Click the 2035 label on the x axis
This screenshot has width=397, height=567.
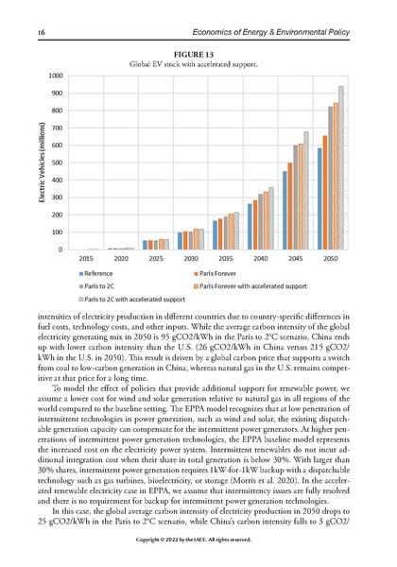point(225,257)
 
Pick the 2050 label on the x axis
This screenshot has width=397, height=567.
point(330,257)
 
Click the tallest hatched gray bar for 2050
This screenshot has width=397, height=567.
point(341,167)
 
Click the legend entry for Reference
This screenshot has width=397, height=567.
point(105,271)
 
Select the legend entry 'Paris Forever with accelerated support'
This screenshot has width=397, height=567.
point(245,283)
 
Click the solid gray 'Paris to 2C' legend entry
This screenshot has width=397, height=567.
point(104,283)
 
